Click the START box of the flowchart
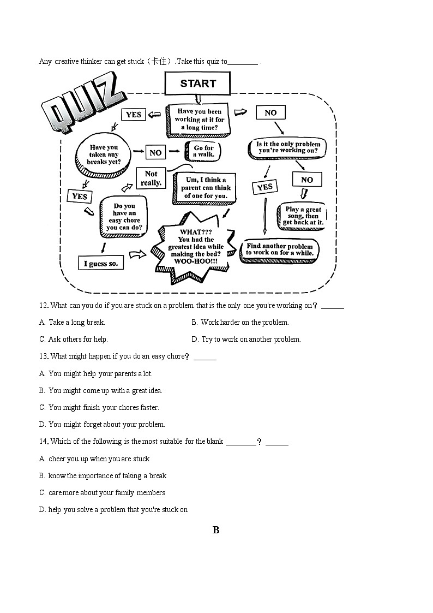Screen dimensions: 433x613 [197, 84]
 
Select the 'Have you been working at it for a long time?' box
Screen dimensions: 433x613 [199, 120]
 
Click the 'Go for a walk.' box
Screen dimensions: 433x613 [202, 151]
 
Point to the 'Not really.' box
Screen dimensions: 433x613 [151, 178]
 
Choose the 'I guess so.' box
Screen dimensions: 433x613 [101, 263]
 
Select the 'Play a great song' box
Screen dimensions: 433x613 [302, 217]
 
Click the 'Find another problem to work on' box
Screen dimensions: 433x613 [280, 250]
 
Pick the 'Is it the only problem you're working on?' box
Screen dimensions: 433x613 [287, 148]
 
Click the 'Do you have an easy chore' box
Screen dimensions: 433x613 [123, 217]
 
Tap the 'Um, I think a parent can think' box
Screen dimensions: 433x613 [205, 188]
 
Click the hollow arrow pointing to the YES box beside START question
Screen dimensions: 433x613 [155, 115]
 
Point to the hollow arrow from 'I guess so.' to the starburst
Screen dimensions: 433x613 [137, 255]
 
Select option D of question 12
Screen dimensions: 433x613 [246, 340]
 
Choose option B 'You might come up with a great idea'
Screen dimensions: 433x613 [100, 390]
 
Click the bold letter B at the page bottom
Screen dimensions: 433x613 [216, 530]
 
